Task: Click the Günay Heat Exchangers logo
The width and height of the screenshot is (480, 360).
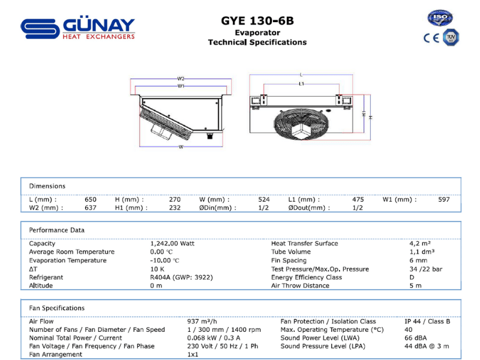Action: coord(78,29)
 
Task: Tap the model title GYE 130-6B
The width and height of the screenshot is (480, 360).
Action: coord(257,21)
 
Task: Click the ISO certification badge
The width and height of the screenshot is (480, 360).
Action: coord(440,18)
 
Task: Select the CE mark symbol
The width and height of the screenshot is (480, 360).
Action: coord(431,38)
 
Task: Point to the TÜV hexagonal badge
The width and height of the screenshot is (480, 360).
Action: coord(451,37)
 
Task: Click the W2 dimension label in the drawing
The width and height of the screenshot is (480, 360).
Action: coord(181,79)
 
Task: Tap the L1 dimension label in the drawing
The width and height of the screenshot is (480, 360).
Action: coord(302,83)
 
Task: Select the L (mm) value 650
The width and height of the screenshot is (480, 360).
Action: coord(91,199)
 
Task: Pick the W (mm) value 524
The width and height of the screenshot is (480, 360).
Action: coord(264,199)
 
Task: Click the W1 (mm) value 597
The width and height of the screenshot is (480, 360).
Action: coord(444,199)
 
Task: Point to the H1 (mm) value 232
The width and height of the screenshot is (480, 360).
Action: coord(175,208)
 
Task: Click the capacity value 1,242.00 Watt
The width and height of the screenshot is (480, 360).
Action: coord(172,244)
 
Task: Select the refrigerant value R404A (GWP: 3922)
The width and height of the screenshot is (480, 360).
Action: coord(182,277)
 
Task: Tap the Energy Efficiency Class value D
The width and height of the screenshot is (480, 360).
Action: coord(412,277)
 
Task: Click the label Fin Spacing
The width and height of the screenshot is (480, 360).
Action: coord(289,260)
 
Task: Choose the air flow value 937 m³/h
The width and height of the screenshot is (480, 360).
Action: coord(202,322)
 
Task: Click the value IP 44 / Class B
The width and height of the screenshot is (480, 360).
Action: coord(427,322)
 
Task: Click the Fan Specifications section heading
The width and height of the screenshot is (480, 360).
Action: coord(56,308)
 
